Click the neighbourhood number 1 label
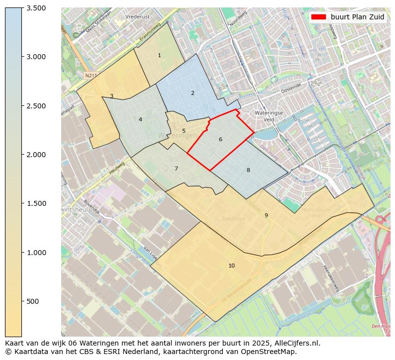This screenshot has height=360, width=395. pyautogui.click(x=159, y=56)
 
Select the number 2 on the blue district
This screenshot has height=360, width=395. pyautogui.click(x=193, y=93)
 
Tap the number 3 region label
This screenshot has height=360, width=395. pyautogui.click(x=111, y=96)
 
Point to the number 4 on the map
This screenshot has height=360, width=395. pyautogui.click(x=140, y=120)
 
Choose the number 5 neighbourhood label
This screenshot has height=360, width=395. pyautogui.click(x=184, y=131)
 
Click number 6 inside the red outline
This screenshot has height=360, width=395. pyautogui.click(x=220, y=140)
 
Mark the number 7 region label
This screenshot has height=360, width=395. pyautogui.click(x=176, y=169)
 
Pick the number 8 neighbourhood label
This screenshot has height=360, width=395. pyautogui.click(x=248, y=171)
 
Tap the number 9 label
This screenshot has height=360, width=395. pyautogui.click(x=266, y=216)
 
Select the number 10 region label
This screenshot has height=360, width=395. pyautogui.click(x=231, y=266)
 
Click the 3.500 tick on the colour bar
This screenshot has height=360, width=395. pyautogui.click(x=36, y=8)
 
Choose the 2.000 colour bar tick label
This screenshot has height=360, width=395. pyautogui.click(x=36, y=155)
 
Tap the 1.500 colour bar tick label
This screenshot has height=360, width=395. pyautogui.click(x=36, y=203)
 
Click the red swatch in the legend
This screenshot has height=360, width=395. pyautogui.click(x=318, y=17)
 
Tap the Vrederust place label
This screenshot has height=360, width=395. pyautogui.click(x=138, y=16)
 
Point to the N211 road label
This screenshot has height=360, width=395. pyautogui.click(x=90, y=76)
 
